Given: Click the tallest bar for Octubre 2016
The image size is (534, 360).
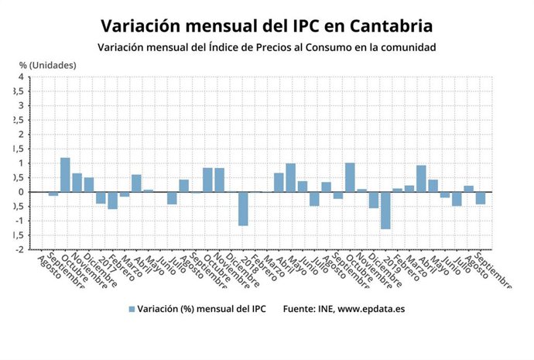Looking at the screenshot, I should pos(65,175).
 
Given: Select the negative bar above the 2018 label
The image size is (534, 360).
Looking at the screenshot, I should pos(243,209).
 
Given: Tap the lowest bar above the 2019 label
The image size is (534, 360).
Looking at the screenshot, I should pos(385,211).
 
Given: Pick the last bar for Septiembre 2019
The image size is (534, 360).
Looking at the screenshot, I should pos(480,198).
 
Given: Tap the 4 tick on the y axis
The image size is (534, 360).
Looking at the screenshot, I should pos(21,77).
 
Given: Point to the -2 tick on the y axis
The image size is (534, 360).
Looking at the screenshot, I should pos(19,249).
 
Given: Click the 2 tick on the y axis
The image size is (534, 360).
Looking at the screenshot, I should pos(21,135).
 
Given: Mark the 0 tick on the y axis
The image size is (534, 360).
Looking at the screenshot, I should pos(21,192).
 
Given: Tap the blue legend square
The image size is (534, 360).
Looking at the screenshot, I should pos(132,309).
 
